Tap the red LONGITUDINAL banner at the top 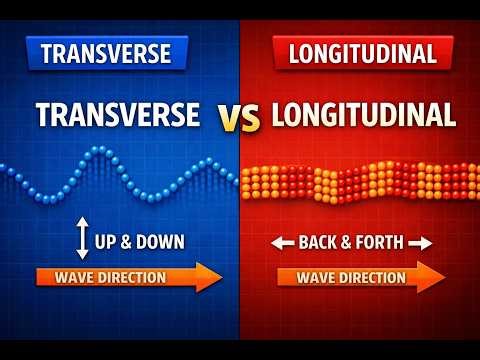pos(363,52)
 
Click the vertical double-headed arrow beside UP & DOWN pos(82,241)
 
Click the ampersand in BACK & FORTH pos(345,242)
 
